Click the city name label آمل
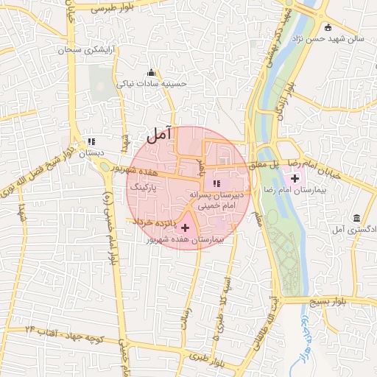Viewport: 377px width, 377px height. [159, 134]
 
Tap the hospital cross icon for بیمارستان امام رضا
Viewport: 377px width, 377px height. [295, 178]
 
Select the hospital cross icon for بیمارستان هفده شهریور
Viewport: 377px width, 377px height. [185, 228]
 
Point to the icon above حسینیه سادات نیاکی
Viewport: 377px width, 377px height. [152, 72]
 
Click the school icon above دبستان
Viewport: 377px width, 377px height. [91, 141]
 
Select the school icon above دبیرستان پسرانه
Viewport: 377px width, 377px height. [216, 183]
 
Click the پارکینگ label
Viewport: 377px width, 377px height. [145, 188]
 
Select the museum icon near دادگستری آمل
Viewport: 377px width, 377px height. [356, 219]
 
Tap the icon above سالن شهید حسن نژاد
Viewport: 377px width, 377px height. [328, 27]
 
